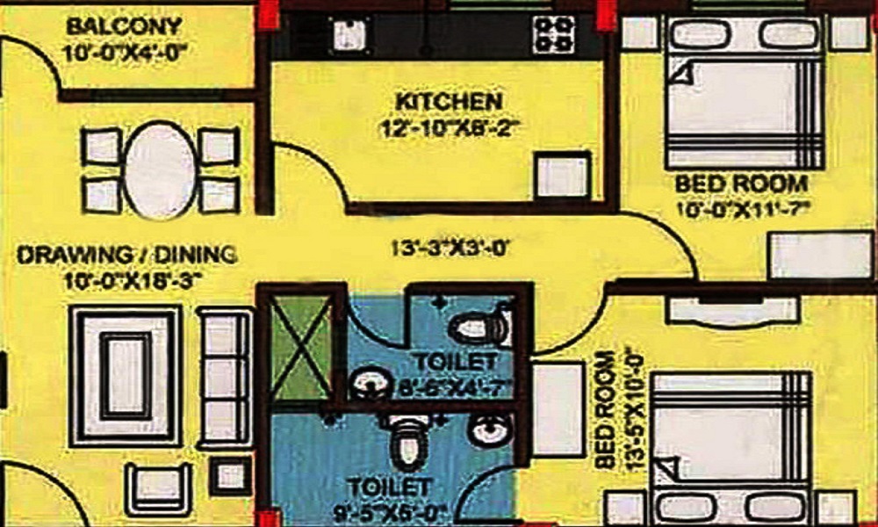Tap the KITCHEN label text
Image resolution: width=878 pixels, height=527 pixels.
click(448, 101)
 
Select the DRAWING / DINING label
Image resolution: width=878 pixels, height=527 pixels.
click(126, 256)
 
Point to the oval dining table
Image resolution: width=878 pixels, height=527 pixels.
click(160, 170)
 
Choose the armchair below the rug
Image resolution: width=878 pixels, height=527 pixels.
click(158, 489)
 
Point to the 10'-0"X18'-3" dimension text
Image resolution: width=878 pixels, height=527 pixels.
click(127, 280)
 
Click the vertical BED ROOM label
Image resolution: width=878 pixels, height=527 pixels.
click(604, 411)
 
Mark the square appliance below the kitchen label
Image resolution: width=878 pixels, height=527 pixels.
click(561, 177)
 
